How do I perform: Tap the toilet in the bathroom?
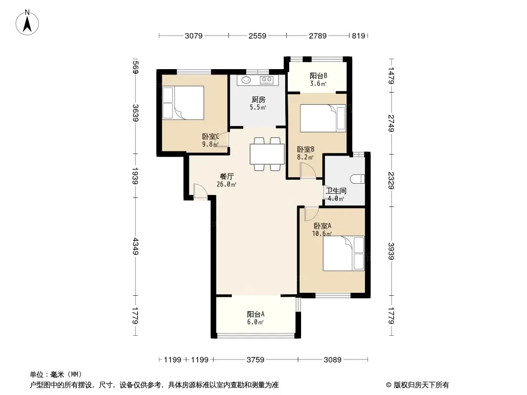click(x=357, y=179)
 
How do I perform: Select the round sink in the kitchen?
click(x=246, y=80)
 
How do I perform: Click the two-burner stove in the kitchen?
click(x=267, y=79)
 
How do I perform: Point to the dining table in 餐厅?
click(x=267, y=154)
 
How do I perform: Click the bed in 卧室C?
click(x=183, y=103)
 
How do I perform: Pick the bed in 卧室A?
click(x=344, y=253)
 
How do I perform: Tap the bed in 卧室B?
click(x=323, y=118)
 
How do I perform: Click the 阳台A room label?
click(x=256, y=315)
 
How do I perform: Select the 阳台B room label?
click(x=318, y=76)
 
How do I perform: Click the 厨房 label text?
click(x=258, y=100)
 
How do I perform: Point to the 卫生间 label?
click(x=336, y=191)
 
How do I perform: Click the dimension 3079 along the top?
click(x=194, y=36)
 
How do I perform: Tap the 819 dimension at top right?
click(x=358, y=36)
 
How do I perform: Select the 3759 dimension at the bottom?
click(x=256, y=360)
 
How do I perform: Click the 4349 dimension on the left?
click(x=135, y=246)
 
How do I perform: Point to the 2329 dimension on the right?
click(x=391, y=180)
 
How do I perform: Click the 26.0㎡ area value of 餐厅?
click(x=226, y=184)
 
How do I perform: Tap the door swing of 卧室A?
click(x=311, y=214)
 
